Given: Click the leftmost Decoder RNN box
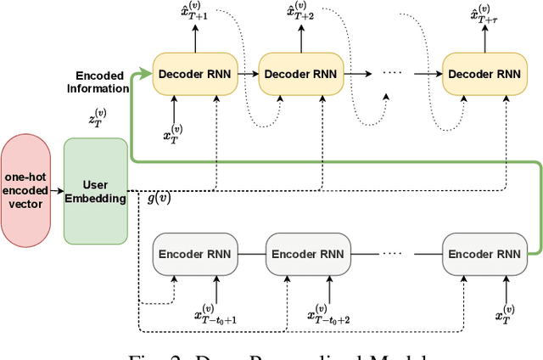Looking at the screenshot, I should click(x=195, y=74).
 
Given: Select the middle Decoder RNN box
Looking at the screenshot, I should click(x=300, y=74).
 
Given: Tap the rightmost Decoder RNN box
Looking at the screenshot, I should click(x=484, y=74).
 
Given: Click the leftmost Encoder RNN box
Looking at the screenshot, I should click(x=194, y=254).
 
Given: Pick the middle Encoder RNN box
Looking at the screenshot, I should click(x=308, y=254).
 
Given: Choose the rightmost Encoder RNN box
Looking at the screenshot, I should click(x=484, y=254).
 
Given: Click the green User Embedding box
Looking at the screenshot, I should click(x=94, y=191).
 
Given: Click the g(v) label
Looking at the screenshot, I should click(x=159, y=199).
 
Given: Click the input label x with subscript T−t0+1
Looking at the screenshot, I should click(x=215, y=316).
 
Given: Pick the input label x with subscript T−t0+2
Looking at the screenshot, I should click(x=328, y=316).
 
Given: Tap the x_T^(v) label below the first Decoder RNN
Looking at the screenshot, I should click(x=173, y=134).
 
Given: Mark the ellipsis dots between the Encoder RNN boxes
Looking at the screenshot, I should click(x=392, y=253).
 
